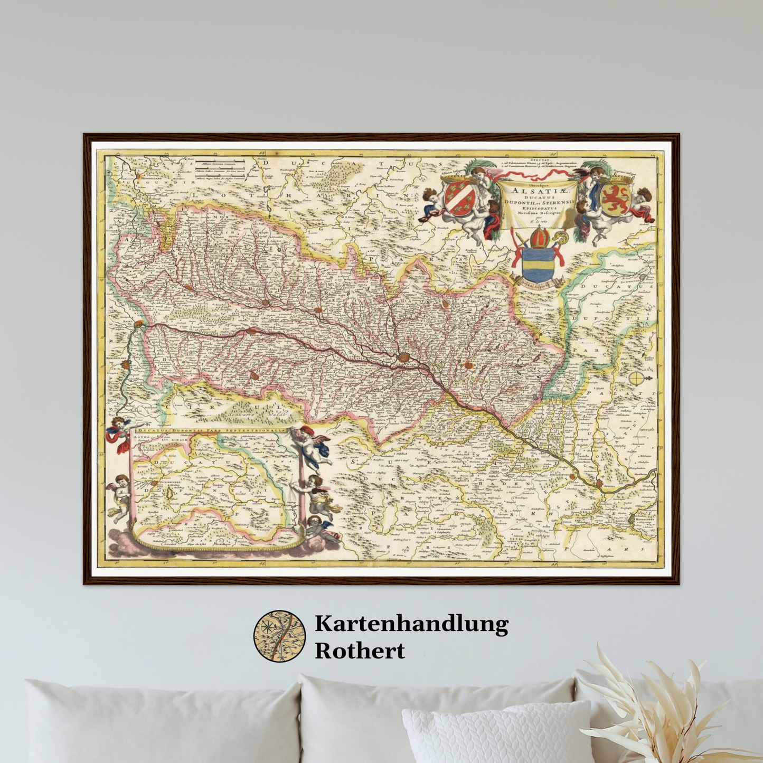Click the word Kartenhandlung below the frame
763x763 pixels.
click(411, 624)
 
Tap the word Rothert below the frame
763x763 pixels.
click(360, 651)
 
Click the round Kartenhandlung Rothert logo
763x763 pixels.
click(280, 636)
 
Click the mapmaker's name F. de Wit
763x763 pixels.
click(538, 221)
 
